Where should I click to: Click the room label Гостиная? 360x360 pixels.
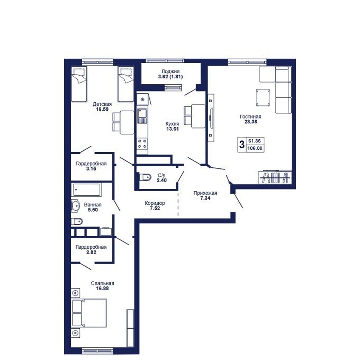click(250, 116)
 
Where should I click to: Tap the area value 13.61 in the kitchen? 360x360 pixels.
click(173, 129)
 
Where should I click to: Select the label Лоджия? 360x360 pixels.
click(170, 71)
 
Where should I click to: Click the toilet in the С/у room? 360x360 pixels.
click(146, 177)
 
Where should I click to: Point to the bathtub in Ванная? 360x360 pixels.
click(87, 190)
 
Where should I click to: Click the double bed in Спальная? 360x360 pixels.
click(89, 313)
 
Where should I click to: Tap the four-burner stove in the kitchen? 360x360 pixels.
click(142, 143)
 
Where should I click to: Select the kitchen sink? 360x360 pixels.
click(142, 116)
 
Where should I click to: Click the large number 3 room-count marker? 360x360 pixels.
click(241, 145)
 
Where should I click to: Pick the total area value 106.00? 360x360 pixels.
click(255, 148)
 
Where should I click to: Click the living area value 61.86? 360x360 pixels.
click(255, 140)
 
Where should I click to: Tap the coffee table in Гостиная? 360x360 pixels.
click(263, 97)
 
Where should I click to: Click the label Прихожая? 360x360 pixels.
click(205, 193)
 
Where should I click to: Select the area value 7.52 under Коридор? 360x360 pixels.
click(155, 208)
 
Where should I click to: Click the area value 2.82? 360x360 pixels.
click(91, 253)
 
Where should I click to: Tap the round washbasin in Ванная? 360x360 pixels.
click(75, 205)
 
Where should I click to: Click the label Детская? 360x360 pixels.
click(102, 104)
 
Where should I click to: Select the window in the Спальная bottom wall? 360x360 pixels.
click(97, 351)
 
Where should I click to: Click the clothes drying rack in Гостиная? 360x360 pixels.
click(275, 177)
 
